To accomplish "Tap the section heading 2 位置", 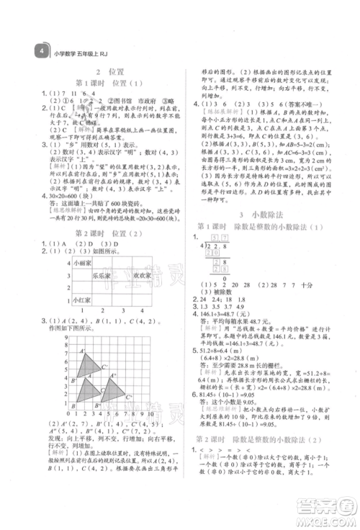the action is coord(109,73).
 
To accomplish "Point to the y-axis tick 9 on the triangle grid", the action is coord(66,336).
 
